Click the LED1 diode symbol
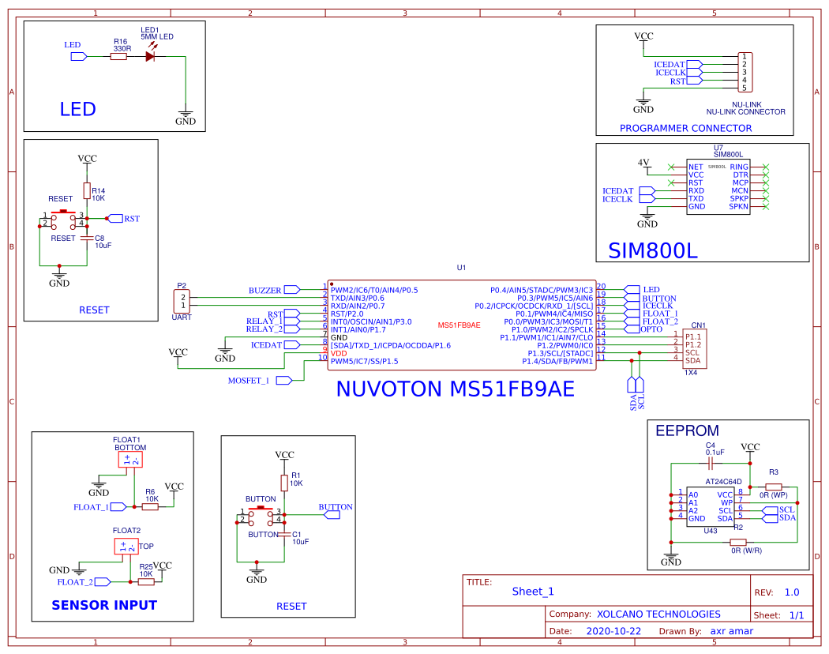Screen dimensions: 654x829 (151, 56)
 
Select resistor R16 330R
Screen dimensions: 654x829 (118, 56)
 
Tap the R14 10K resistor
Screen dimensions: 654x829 (87, 190)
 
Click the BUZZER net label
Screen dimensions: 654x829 (265, 290)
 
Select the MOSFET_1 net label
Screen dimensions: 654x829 (249, 380)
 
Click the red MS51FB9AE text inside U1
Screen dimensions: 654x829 (459, 325)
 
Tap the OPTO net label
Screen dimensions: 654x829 (652, 329)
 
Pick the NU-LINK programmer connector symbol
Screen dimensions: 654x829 (744, 72)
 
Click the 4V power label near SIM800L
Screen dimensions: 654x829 (643, 163)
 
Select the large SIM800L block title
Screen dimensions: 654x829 (653, 250)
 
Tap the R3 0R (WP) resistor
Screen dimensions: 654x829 (774, 487)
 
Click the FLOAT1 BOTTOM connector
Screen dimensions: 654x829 (129, 460)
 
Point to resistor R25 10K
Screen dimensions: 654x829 (146, 581)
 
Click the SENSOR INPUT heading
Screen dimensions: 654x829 (104, 606)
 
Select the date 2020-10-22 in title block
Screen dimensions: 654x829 (613, 631)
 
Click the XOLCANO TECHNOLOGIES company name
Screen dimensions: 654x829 (658, 614)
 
